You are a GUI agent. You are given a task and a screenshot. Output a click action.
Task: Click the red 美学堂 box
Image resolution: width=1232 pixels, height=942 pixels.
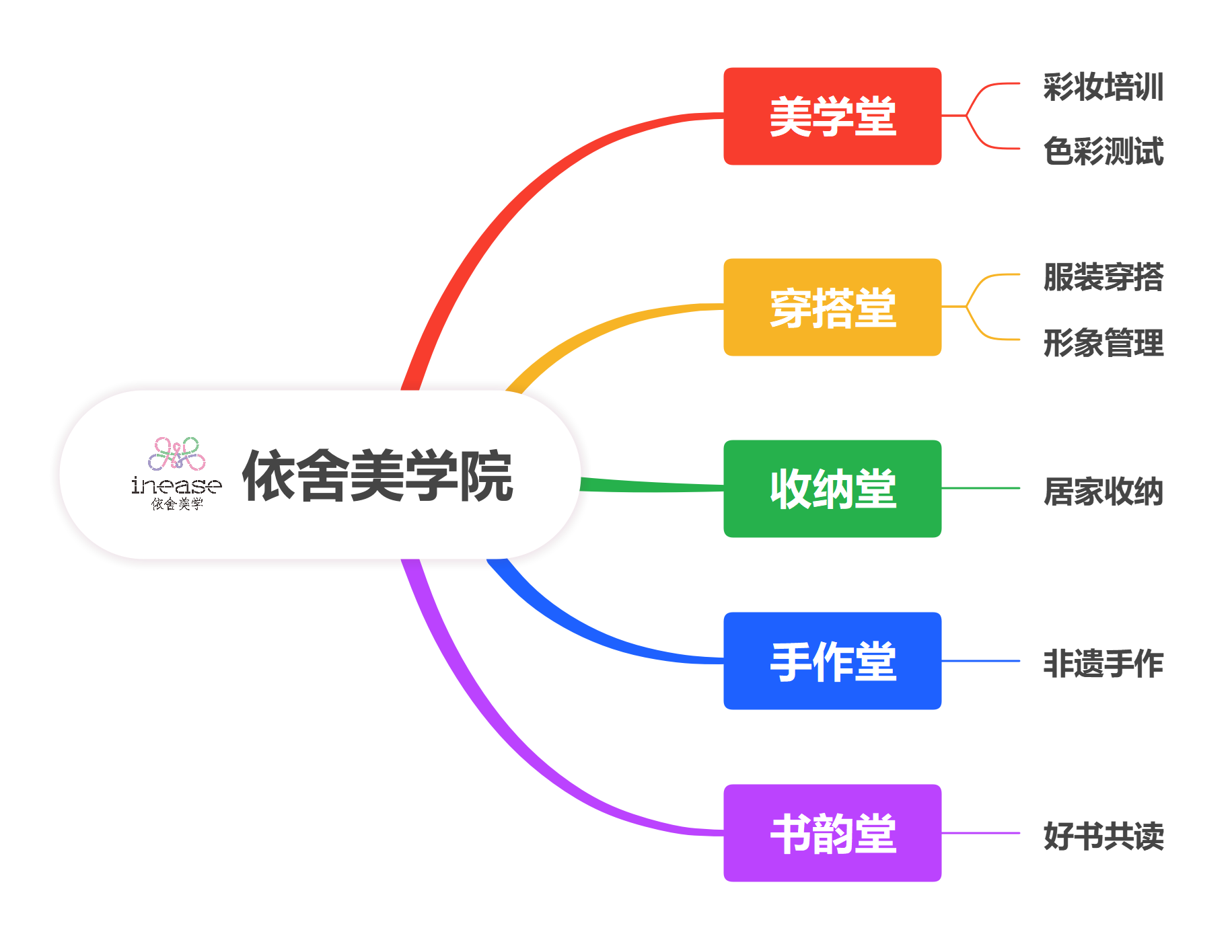(x=832, y=116)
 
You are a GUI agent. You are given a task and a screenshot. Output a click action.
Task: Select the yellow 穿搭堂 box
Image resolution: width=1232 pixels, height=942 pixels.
(x=832, y=307)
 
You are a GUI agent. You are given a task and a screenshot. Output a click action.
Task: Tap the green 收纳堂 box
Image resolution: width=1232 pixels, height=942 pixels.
(x=832, y=489)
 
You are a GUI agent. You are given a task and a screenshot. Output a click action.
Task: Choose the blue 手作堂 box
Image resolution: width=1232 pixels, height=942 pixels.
(x=832, y=661)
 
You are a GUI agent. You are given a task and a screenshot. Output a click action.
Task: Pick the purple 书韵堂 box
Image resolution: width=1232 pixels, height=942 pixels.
(x=832, y=833)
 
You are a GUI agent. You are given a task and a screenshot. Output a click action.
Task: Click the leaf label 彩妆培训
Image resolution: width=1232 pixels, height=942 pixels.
(x=1103, y=87)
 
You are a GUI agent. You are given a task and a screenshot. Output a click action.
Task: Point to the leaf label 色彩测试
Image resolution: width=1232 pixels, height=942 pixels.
(x=1103, y=151)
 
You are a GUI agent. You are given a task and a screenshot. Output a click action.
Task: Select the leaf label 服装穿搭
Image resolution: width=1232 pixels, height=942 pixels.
(x=1103, y=277)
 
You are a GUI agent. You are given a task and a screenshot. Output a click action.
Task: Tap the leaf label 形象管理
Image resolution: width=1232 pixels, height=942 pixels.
(x=1103, y=343)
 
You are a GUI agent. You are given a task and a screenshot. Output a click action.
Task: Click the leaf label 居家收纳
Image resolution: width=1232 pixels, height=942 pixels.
(x=1103, y=492)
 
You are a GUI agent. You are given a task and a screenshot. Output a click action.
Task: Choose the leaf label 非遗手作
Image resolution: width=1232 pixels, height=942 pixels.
(x=1103, y=664)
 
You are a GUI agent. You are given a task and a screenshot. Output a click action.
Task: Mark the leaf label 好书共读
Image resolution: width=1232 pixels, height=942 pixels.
(x=1103, y=836)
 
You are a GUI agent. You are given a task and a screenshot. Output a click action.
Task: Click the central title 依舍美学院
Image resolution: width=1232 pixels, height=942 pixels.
(x=377, y=476)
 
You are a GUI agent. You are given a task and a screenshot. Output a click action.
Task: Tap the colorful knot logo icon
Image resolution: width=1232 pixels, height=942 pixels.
(x=177, y=454)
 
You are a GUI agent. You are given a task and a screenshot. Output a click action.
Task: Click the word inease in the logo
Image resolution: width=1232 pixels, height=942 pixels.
(x=176, y=485)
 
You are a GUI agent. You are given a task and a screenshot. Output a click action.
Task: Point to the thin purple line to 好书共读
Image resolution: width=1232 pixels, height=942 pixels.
(x=981, y=833)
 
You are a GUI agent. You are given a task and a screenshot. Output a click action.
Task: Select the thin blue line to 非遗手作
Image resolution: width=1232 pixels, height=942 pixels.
(x=981, y=661)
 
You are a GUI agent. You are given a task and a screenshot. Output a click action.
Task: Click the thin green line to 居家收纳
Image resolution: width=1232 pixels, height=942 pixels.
(x=981, y=488)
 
